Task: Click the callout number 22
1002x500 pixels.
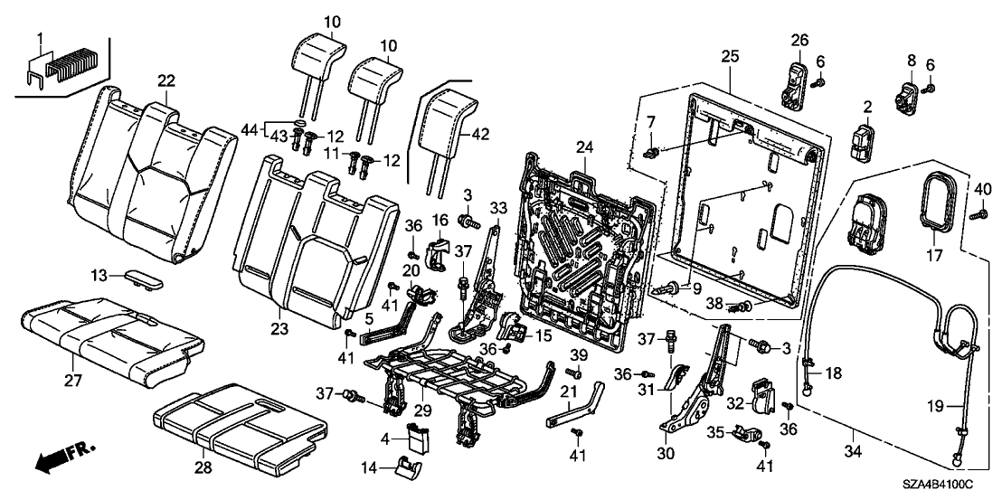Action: click(165, 81)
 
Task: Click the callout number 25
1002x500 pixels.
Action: click(731, 56)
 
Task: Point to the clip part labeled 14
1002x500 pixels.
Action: click(407, 467)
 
